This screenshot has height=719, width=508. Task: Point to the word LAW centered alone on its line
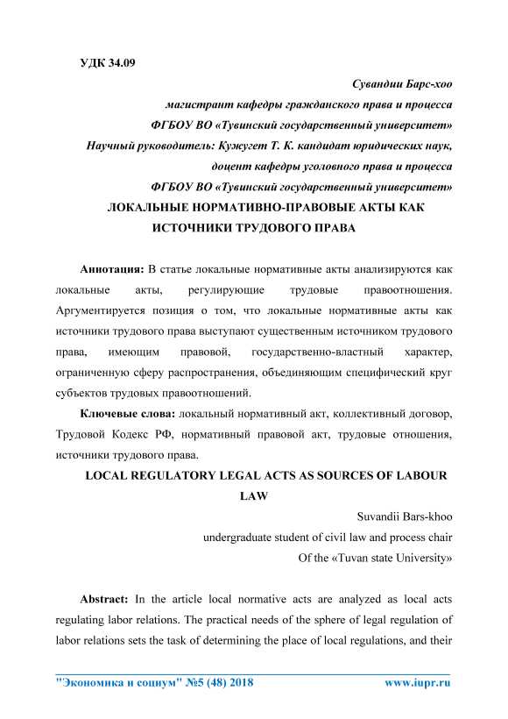(x=253, y=495)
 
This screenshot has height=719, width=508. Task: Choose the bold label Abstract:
(x=104, y=600)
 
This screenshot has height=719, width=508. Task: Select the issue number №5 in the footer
(x=194, y=683)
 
